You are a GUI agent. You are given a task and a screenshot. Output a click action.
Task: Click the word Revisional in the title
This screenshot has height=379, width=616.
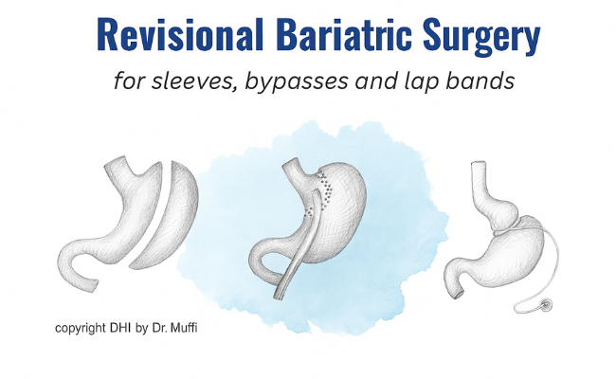coord(179,34)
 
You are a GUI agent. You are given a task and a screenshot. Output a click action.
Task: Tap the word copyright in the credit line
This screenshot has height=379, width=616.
coord(81,329)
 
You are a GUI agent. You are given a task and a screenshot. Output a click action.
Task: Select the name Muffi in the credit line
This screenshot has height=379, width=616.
coord(184,327)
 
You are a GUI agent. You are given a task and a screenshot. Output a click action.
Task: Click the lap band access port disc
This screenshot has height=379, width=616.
coord(546,303)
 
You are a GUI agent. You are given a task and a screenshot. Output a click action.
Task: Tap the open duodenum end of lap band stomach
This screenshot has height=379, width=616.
coord(458,294)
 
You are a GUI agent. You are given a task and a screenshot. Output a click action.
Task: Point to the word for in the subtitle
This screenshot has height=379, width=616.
coord(128,81)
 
